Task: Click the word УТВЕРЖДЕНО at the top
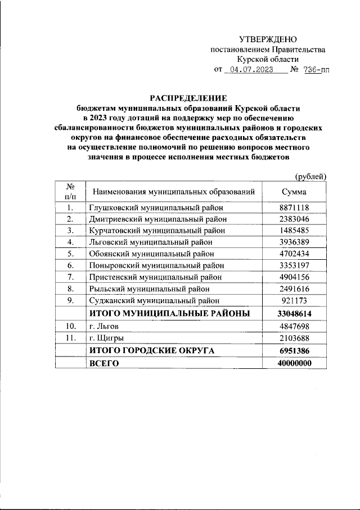click(267, 39)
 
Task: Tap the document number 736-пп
click(315, 70)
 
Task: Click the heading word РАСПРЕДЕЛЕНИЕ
click(188, 97)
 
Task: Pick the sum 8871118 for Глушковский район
click(295, 207)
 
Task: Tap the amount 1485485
click(295, 231)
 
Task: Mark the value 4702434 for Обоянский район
click(295, 254)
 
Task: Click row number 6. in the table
click(71, 265)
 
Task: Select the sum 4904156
click(295, 277)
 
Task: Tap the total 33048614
click(295, 313)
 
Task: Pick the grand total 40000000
click(295, 364)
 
